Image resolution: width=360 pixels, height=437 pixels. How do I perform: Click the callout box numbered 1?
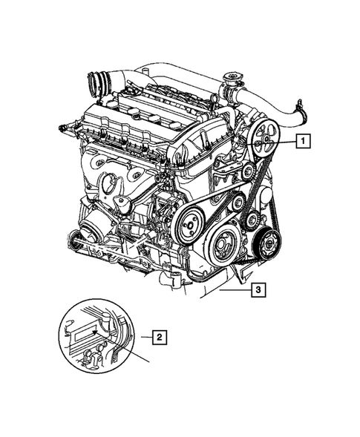(303, 138)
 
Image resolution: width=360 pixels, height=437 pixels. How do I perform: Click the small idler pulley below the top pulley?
(246, 173)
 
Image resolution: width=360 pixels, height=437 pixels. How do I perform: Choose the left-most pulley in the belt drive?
(190, 220)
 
